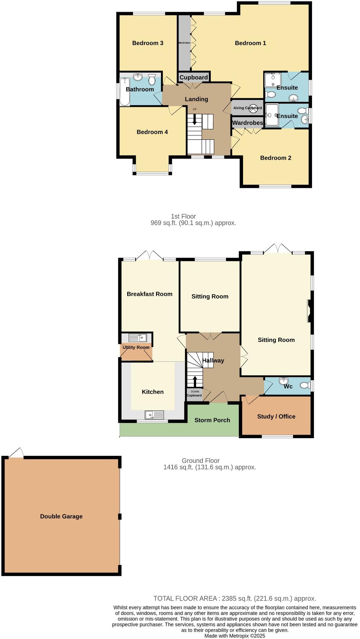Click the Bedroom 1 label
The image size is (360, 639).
(x=250, y=43)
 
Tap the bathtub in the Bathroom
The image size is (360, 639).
(x=124, y=92)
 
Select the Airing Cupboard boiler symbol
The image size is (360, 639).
(x=253, y=109)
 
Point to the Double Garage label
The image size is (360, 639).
(x=61, y=516)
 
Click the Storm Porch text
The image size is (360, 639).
(x=212, y=420)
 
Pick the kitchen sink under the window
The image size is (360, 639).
(x=154, y=415)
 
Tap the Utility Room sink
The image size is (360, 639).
(x=138, y=338)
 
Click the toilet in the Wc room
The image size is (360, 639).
(x=305, y=385)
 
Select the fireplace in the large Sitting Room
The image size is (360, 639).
(x=309, y=311)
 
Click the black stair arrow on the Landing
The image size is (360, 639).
(x=194, y=119)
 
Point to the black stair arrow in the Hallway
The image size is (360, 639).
(x=195, y=381)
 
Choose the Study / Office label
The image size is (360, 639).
(x=276, y=416)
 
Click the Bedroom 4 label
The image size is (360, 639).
(x=152, y=132)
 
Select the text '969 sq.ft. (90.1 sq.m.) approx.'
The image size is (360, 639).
(x=193, y=223)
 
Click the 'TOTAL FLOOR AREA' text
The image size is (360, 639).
(x=185, y=599)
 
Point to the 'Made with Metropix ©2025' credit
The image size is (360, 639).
(x=235, y=636)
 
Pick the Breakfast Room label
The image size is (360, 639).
(x=149, y=294)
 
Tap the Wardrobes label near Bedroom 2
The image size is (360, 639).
(x=247, y=123)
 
